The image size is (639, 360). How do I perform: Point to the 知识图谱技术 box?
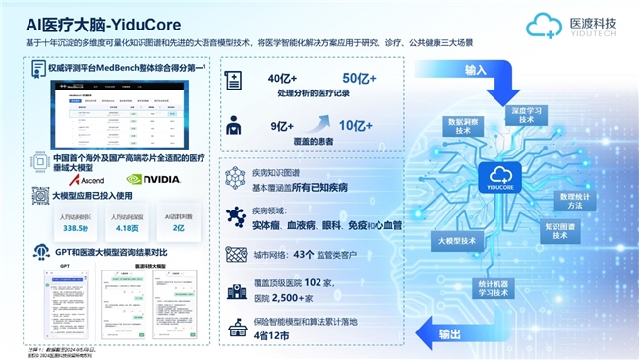pyautogui.click(x=559, y=231)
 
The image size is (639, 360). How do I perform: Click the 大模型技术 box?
pyautogui.click(x=454, y=240)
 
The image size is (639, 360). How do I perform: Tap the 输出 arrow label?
pyautogui.click(x=448, y=334)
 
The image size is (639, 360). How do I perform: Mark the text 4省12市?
pyautogui.click(x=271, y=336)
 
